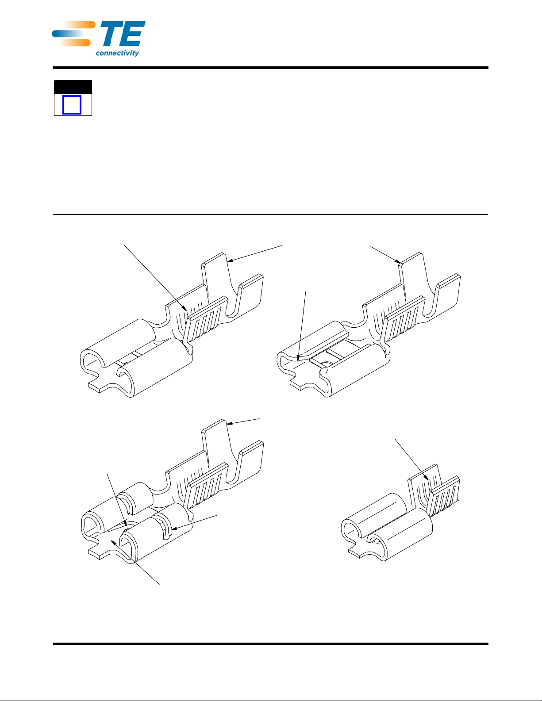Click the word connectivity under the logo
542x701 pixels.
[117, 53]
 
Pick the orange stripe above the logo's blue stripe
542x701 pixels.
[79, 25]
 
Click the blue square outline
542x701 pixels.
[72, 105]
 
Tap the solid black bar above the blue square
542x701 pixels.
[73, 87]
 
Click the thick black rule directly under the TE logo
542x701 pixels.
[271, 68]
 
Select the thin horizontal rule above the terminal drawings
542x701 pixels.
[271, 214]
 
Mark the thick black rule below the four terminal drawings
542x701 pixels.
[271, 644]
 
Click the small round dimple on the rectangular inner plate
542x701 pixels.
[328, 363]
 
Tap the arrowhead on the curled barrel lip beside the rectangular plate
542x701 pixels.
[299, 357]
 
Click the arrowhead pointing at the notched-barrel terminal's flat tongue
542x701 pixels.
[114, 543]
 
